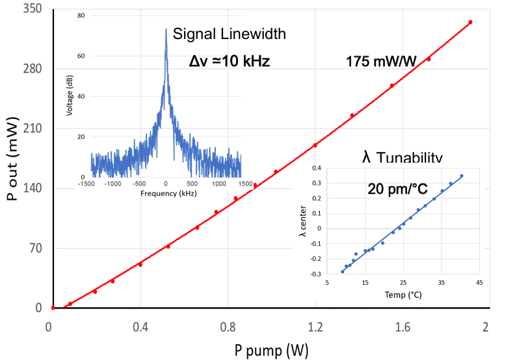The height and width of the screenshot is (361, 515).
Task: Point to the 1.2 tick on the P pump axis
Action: tap(315, 327)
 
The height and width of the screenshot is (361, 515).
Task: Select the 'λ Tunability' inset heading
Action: tap(402, 158)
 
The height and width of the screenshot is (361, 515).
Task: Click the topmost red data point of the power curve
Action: tap(470, 22)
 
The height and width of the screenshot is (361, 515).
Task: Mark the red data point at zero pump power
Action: tap(53, 307)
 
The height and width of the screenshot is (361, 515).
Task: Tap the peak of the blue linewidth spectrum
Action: tap(166, 29)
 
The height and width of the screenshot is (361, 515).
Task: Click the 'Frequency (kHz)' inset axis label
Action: tap(166, 194)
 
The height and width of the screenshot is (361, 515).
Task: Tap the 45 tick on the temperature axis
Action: tap(480, 283)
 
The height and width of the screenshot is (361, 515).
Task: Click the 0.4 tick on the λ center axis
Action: tap(316, 168)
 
